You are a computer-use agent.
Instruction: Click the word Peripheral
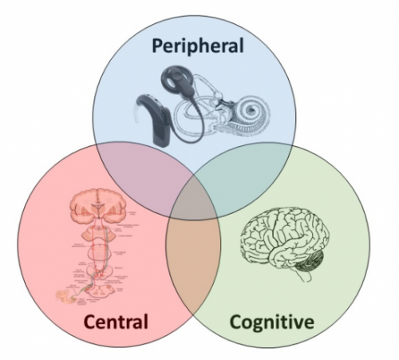[199, 45]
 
